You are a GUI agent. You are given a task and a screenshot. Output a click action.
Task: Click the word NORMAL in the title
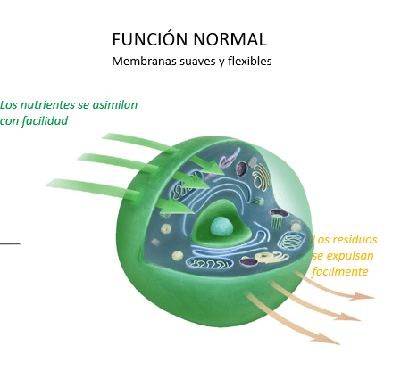[230, 39]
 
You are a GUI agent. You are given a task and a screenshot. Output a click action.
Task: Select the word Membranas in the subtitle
[144, 62]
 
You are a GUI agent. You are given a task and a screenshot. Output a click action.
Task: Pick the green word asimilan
[114, 104]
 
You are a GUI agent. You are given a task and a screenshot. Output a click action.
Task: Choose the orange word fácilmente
[340, 271]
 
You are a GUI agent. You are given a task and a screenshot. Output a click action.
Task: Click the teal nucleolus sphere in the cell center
[221, 227]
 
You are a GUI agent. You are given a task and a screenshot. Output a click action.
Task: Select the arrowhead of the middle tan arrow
[347, 317]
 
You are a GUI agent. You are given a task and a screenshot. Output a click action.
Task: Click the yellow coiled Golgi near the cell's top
[261, 177]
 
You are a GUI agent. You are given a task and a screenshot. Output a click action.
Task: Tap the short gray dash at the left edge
[10, 243]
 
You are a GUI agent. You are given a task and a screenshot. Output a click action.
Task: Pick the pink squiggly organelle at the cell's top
[230, 159]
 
